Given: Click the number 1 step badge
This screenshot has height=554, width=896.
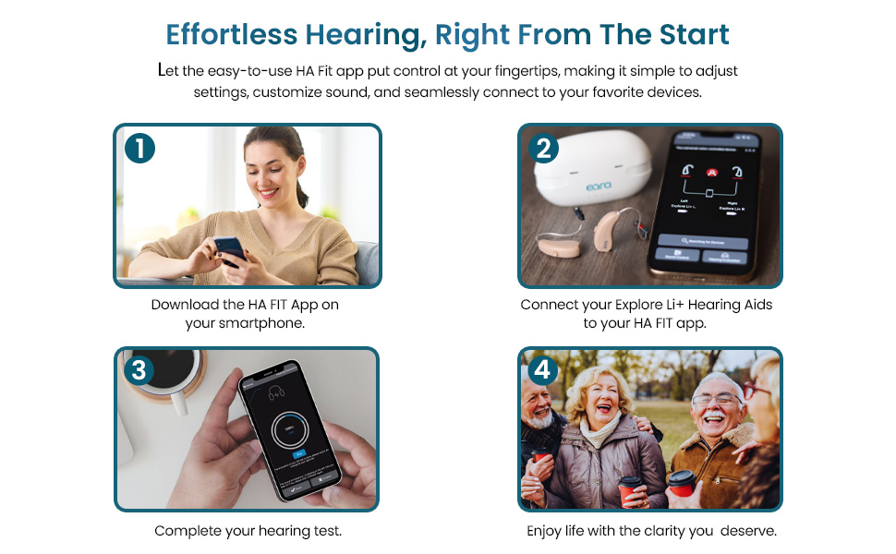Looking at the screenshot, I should tap(139, 149).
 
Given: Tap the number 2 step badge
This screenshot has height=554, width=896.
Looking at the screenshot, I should tap(543, 149).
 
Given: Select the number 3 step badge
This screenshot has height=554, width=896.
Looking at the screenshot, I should tap(139, 371).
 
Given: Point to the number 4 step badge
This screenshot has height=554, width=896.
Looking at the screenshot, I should tap(543, 371).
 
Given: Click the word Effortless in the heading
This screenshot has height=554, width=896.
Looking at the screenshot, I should tap(231, 35).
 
